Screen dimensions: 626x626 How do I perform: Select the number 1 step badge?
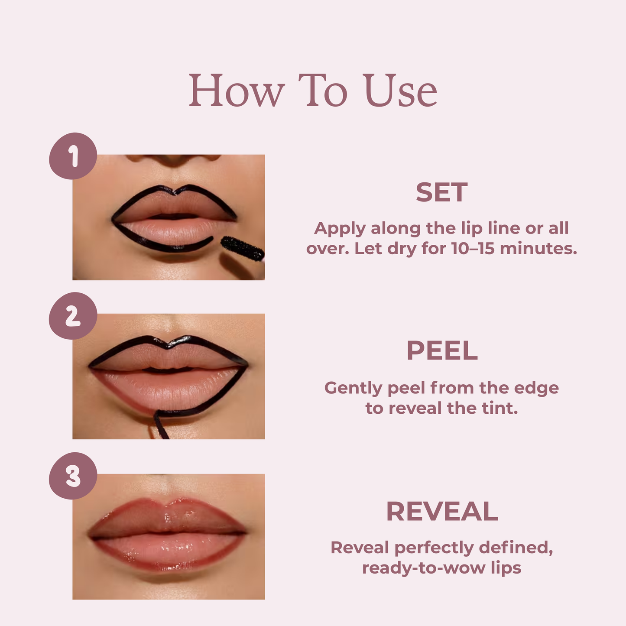pyautogui.click(x=73, y=156)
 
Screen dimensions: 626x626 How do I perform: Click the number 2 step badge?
pyautogui.click(x=73, y=316)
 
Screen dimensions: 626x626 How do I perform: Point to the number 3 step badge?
pyautogui.click(x=73, y=476)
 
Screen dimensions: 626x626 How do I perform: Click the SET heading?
pyautogui.click(x=441, y=192)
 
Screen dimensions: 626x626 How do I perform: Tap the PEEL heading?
pyautogui.click(x=442, y=350)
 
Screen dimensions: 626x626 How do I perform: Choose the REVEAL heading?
pyautogui.click(x=442, y=511)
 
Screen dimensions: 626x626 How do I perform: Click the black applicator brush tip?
pyautogui.click(x=242, y=249)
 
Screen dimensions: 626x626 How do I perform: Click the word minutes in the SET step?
pyautogui.click(x=538, y=249)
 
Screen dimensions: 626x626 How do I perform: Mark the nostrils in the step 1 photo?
pyautogui.click(x=173, y=159)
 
